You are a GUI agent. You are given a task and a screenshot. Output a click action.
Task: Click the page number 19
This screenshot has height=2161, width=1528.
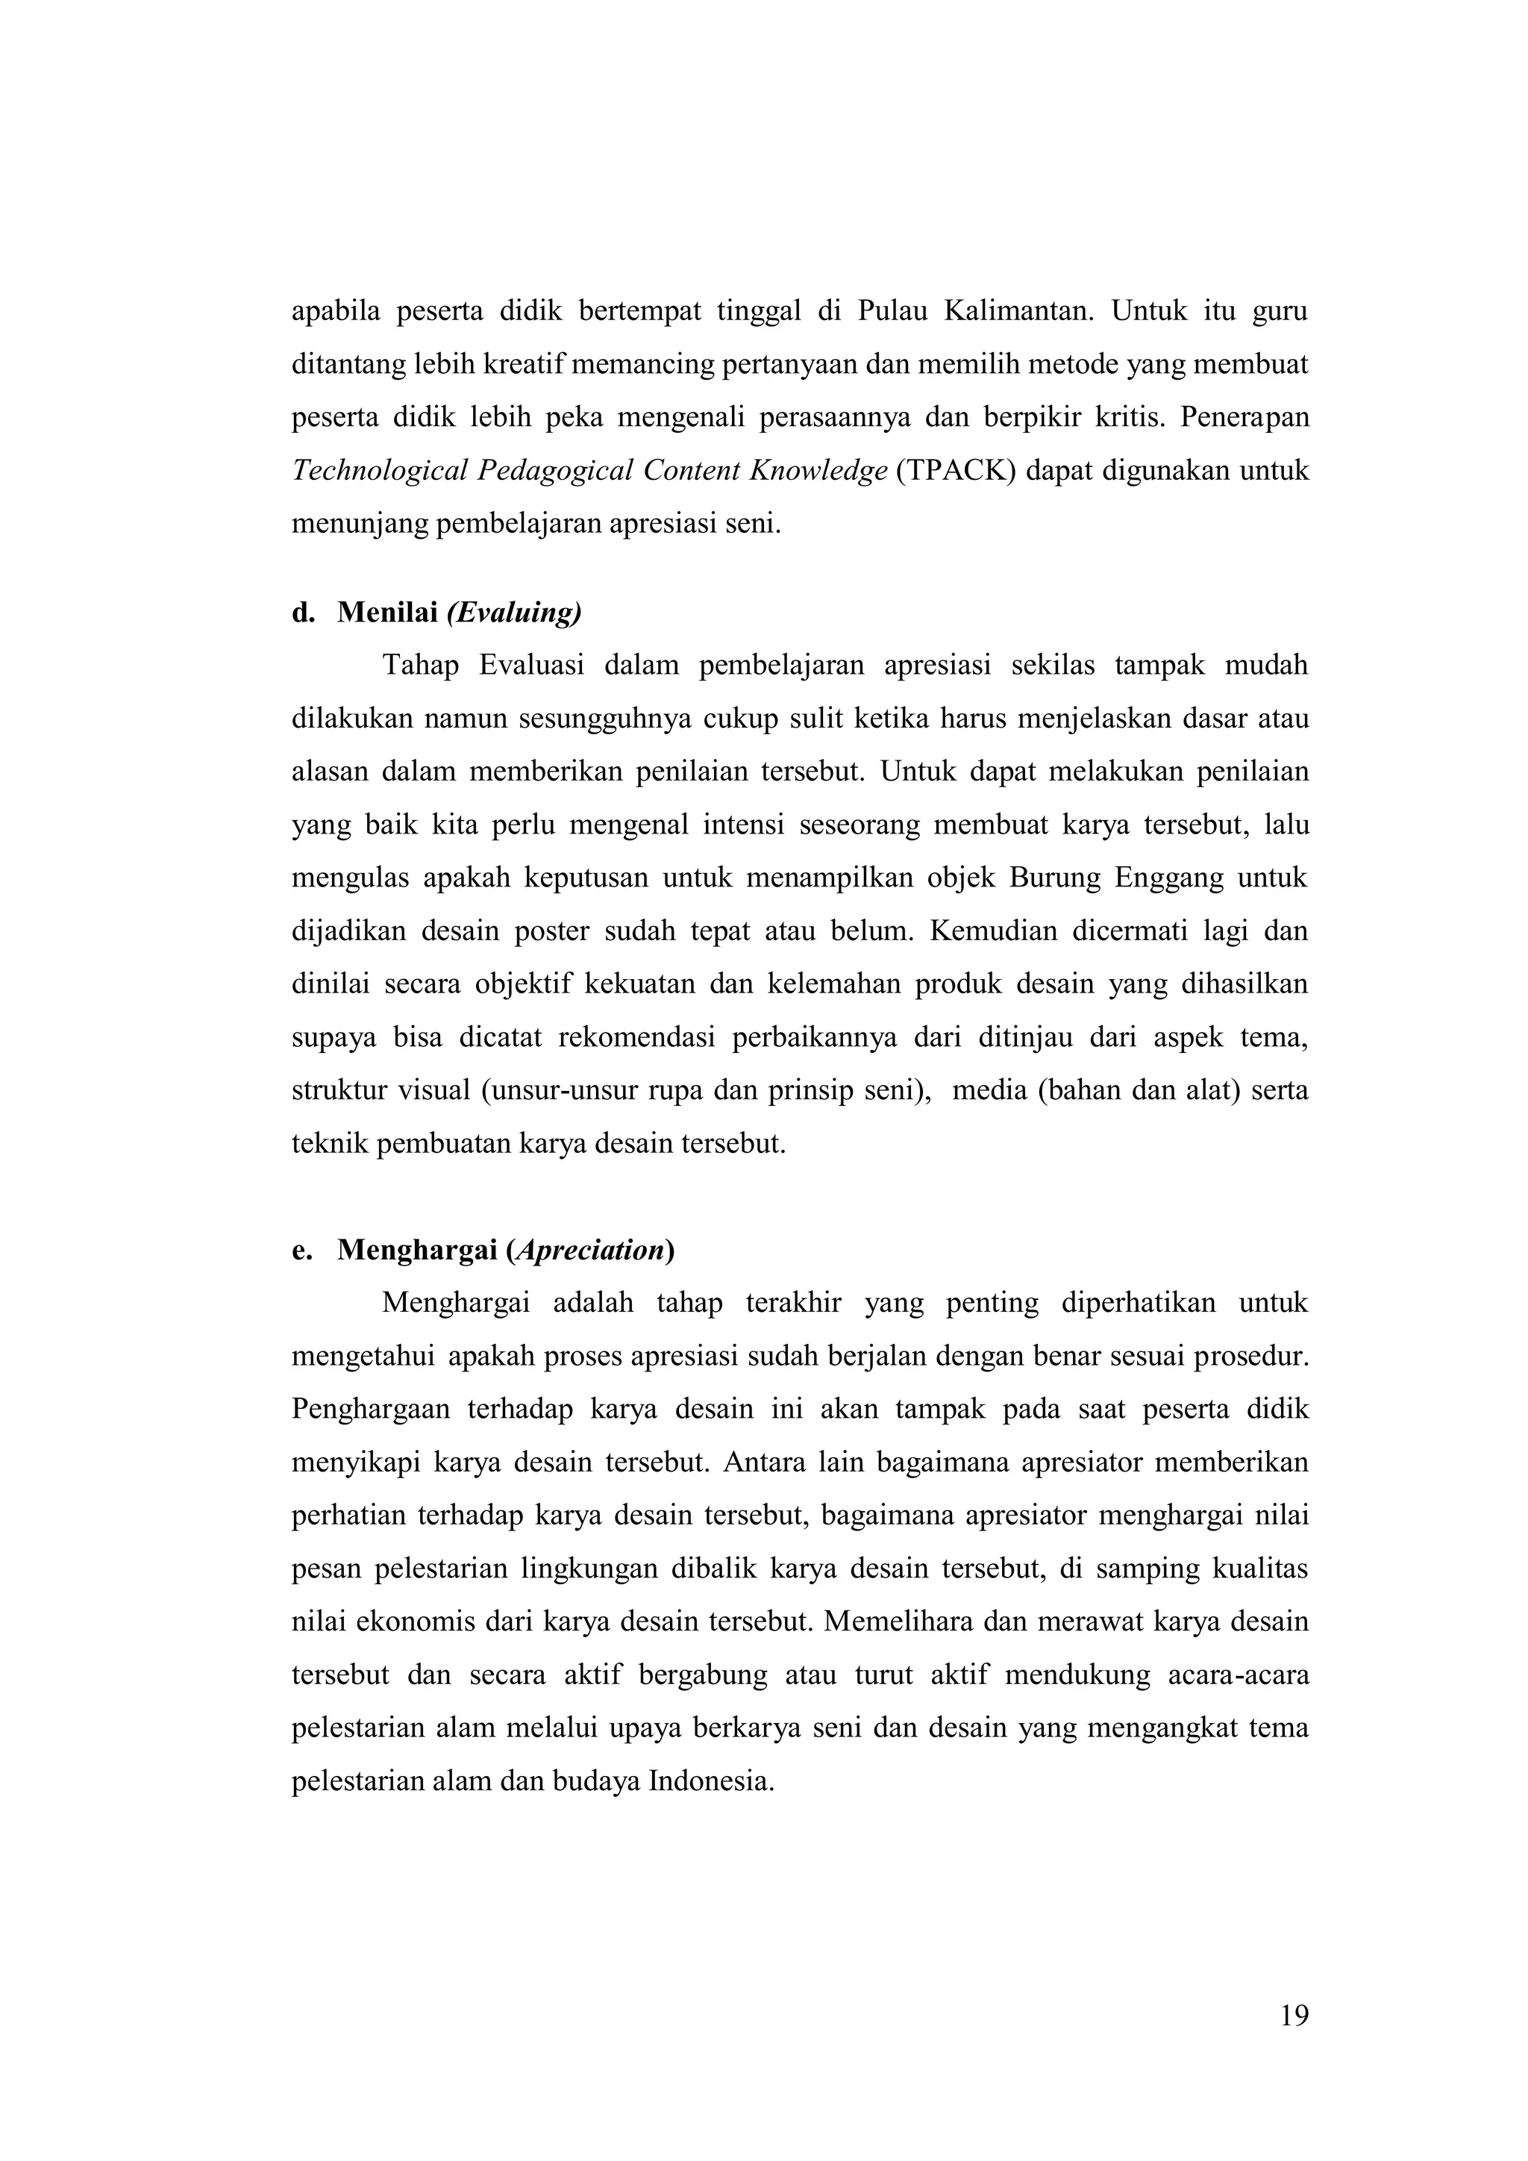click(1294, 2042)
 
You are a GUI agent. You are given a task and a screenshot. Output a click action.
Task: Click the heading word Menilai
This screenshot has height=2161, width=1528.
click(388, 613)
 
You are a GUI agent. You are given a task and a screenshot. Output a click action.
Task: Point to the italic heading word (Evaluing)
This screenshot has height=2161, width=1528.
click(514, 613)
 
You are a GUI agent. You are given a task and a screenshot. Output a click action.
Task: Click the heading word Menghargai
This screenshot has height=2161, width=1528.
click(418, 1250)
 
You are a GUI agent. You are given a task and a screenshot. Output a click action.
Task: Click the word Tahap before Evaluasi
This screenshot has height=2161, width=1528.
click(421, 666)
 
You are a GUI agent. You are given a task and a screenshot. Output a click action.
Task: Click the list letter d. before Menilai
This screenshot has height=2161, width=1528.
click(302, 613)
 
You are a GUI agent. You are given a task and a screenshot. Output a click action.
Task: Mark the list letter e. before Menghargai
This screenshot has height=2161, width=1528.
click(301, 1250)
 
